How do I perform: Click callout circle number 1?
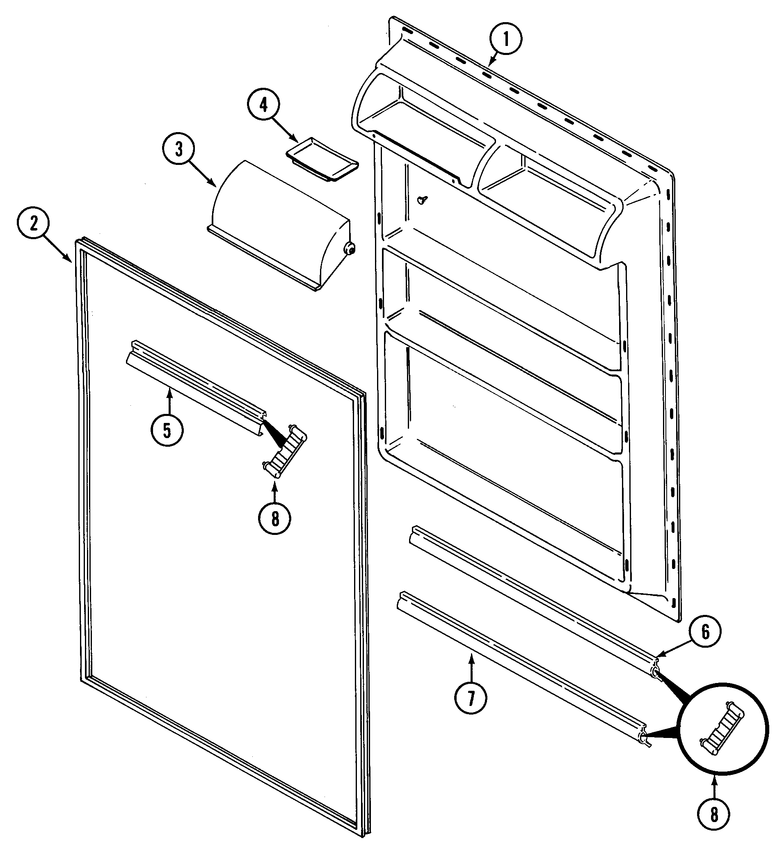506,39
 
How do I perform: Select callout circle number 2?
33,224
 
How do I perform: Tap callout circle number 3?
179,149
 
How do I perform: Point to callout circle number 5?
167,430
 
